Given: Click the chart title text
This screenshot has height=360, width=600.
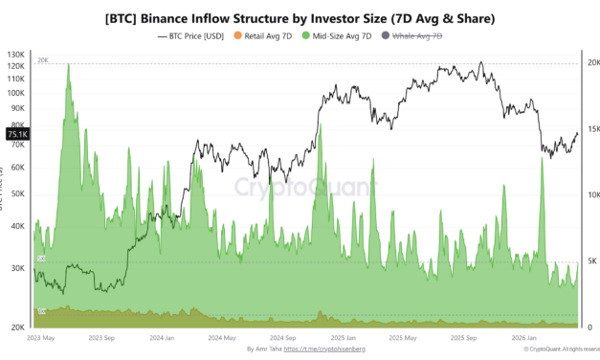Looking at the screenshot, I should (299, 17).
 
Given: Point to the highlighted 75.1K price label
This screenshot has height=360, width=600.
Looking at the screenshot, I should (17, 135).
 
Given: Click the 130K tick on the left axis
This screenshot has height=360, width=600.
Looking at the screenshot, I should (16, 55).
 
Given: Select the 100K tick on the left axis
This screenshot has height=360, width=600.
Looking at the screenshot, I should (16, 93).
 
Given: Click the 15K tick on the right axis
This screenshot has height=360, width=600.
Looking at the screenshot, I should (592, 129).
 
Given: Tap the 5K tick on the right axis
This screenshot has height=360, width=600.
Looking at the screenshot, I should (591, 260).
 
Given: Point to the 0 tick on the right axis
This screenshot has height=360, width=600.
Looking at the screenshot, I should (589, 326).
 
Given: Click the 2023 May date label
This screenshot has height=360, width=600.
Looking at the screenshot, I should (42, 338).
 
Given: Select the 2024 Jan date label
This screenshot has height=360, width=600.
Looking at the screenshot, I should (162, 338).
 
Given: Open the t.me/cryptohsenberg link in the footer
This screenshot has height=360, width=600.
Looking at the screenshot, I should (325, 350).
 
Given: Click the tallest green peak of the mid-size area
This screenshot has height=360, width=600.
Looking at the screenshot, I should (68, 66).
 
